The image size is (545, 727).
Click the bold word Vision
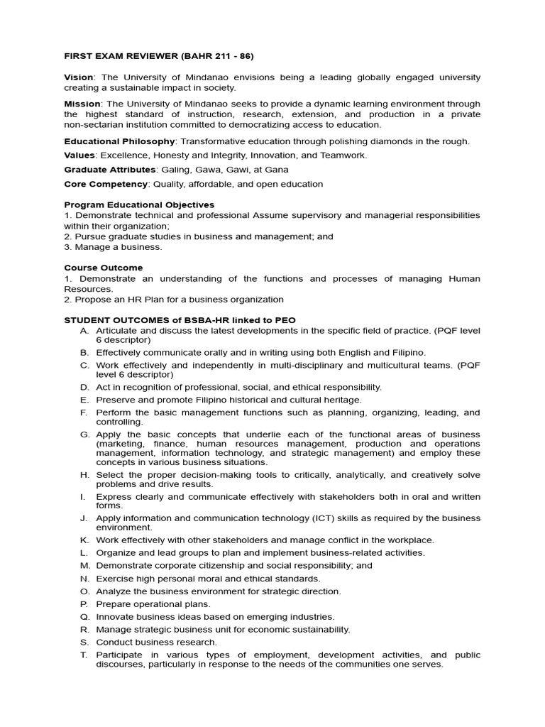coord(78,77)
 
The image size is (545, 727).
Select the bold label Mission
coord(81,104)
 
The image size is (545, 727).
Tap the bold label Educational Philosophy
coord(119,141)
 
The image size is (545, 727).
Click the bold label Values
coord(79,155)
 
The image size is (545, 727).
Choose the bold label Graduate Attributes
coord(110,170)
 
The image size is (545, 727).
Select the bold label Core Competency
coord(106,184)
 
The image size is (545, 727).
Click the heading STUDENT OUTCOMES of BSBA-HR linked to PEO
coord(180,320)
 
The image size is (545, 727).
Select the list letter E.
coord(84,400)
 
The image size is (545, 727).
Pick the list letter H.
coord(84,475)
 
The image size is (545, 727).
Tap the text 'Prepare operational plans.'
coord(153,604)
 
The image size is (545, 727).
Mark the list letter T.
coord(84,655)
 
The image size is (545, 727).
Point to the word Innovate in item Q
coord(114,617)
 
